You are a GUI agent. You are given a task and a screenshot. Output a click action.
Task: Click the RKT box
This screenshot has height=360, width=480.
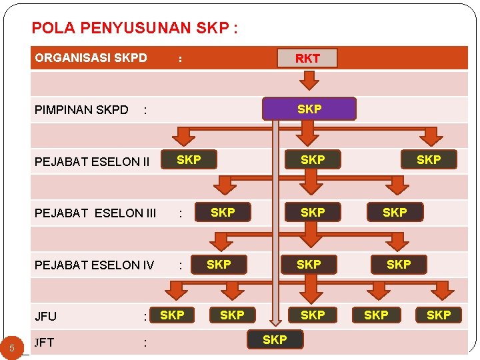tap(307, 58)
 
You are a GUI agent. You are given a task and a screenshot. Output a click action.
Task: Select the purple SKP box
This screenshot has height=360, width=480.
tap(309, 109)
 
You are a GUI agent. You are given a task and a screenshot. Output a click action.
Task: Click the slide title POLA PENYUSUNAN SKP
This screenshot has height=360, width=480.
tap(135, 29)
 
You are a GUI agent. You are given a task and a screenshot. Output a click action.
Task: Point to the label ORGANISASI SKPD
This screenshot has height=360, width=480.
tap(91, 58)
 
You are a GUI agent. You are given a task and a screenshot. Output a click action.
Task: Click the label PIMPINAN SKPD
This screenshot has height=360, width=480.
tap(81, 109)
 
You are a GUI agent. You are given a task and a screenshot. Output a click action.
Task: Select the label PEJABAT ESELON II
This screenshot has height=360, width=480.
tap(92, 161)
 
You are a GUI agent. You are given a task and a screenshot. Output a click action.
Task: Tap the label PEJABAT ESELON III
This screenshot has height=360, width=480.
tap(95, 213)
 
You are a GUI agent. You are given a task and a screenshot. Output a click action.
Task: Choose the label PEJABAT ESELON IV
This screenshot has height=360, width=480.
tap(94, 265)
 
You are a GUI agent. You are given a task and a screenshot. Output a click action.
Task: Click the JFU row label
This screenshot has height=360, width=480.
tap(46, 317)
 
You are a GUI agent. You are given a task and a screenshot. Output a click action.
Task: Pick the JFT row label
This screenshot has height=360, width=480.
tap(45, 343)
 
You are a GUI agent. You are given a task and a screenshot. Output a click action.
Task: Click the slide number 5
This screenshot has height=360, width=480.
tap(12, 347)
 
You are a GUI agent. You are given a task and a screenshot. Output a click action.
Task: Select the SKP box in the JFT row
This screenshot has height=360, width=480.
tap(275, 340)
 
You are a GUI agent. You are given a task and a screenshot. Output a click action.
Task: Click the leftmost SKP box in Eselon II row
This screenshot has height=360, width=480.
tap(189, 159)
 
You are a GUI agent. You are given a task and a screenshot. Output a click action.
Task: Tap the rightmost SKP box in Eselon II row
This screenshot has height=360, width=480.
tap(429, 159)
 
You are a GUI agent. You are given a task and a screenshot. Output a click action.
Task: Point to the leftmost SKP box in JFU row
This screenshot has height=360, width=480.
tap(173, 315)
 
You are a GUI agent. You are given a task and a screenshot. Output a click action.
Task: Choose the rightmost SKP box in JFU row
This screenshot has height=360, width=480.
tap(439, 315)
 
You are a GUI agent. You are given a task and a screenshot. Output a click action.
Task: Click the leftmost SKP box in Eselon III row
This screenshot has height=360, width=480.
tap(223, 212)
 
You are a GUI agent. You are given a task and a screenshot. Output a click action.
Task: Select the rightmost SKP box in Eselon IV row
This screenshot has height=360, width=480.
tap(399, 264)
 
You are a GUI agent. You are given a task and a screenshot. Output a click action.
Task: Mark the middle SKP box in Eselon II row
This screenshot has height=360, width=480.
tap(313, 159)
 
